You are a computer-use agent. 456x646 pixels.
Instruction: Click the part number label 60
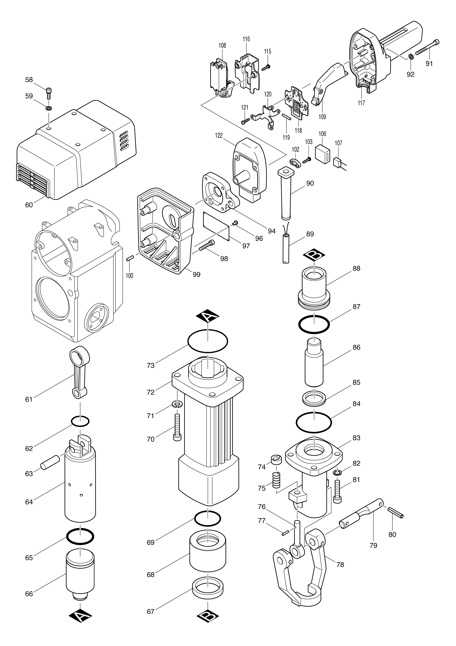[29, 205]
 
